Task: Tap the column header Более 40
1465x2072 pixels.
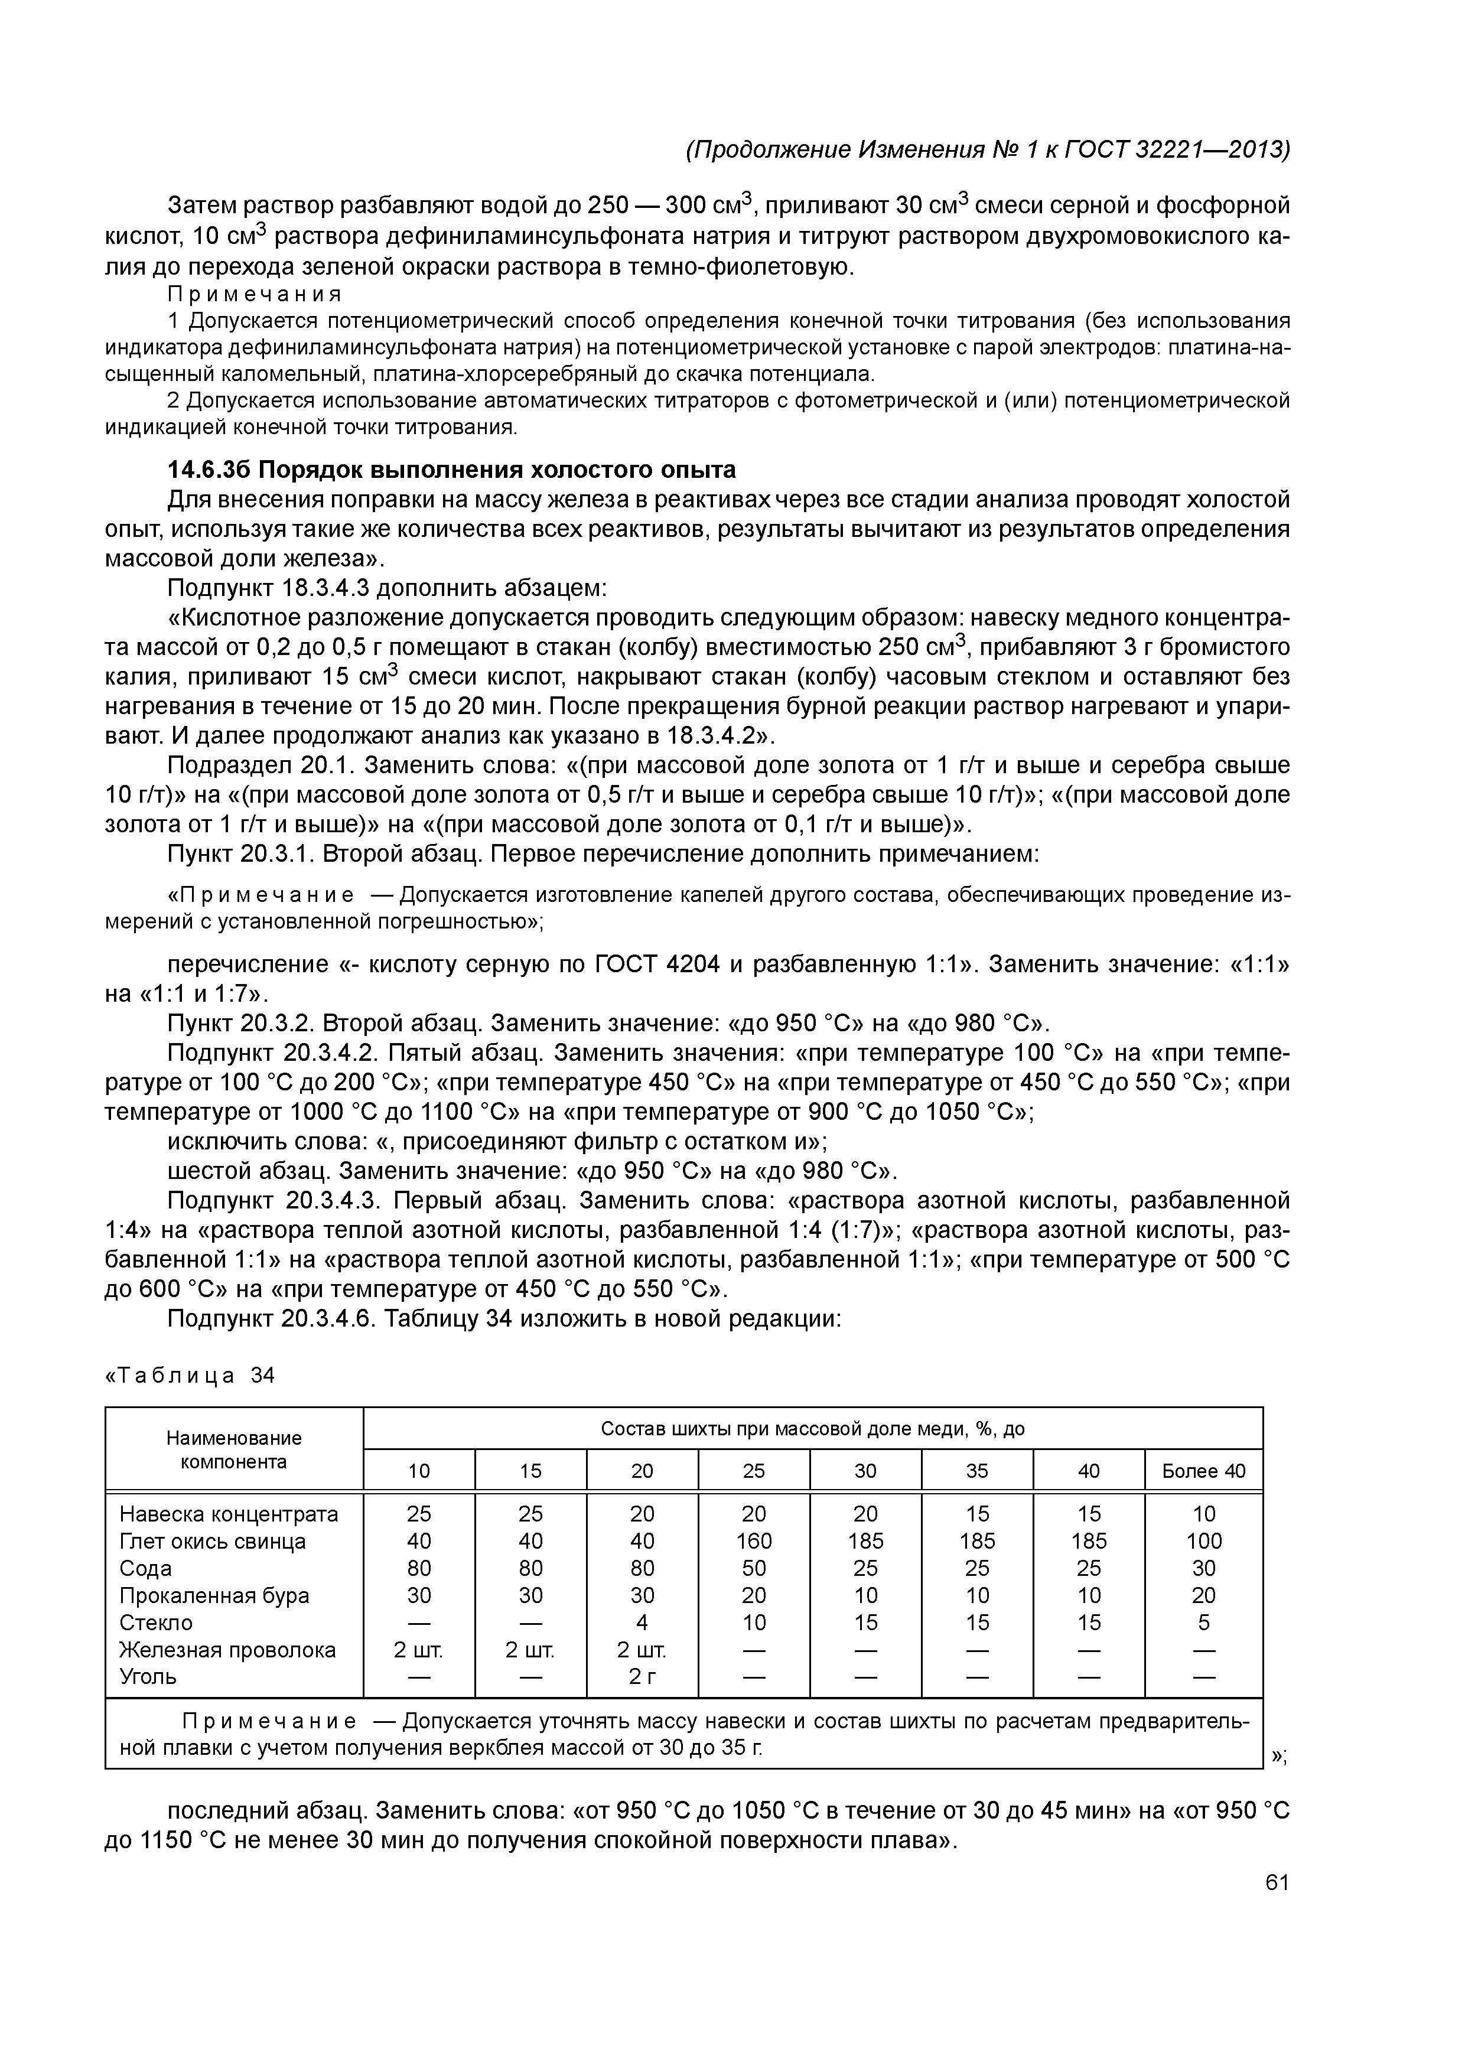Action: tap(1203, 1471)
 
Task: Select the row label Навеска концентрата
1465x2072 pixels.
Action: tap(229, 1513)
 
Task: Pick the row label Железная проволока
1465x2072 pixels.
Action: tap(227, 1650)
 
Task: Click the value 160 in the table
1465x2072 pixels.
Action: tap(754, 1540)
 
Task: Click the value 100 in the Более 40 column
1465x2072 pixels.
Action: tap(1203, 1540)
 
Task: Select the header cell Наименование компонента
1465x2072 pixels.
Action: tap(234, 1449)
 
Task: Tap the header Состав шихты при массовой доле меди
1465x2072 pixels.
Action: tap(812, 1429)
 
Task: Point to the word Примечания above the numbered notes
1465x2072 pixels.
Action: tap(255, 295)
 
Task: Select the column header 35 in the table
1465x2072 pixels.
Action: tap(978, 1471)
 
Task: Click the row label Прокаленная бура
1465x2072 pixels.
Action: tap(214, 1595)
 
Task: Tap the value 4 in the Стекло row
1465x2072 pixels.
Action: tap(642, 1623)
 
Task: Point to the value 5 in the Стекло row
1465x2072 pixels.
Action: tap(1203, 1623)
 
